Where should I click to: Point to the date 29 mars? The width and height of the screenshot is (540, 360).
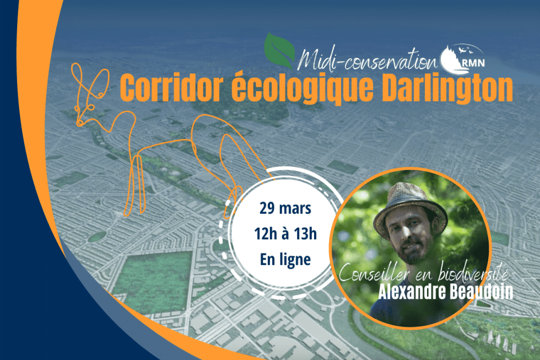285,209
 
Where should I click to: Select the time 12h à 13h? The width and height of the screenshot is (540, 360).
285,234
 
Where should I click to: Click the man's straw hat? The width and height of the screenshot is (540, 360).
411,207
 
